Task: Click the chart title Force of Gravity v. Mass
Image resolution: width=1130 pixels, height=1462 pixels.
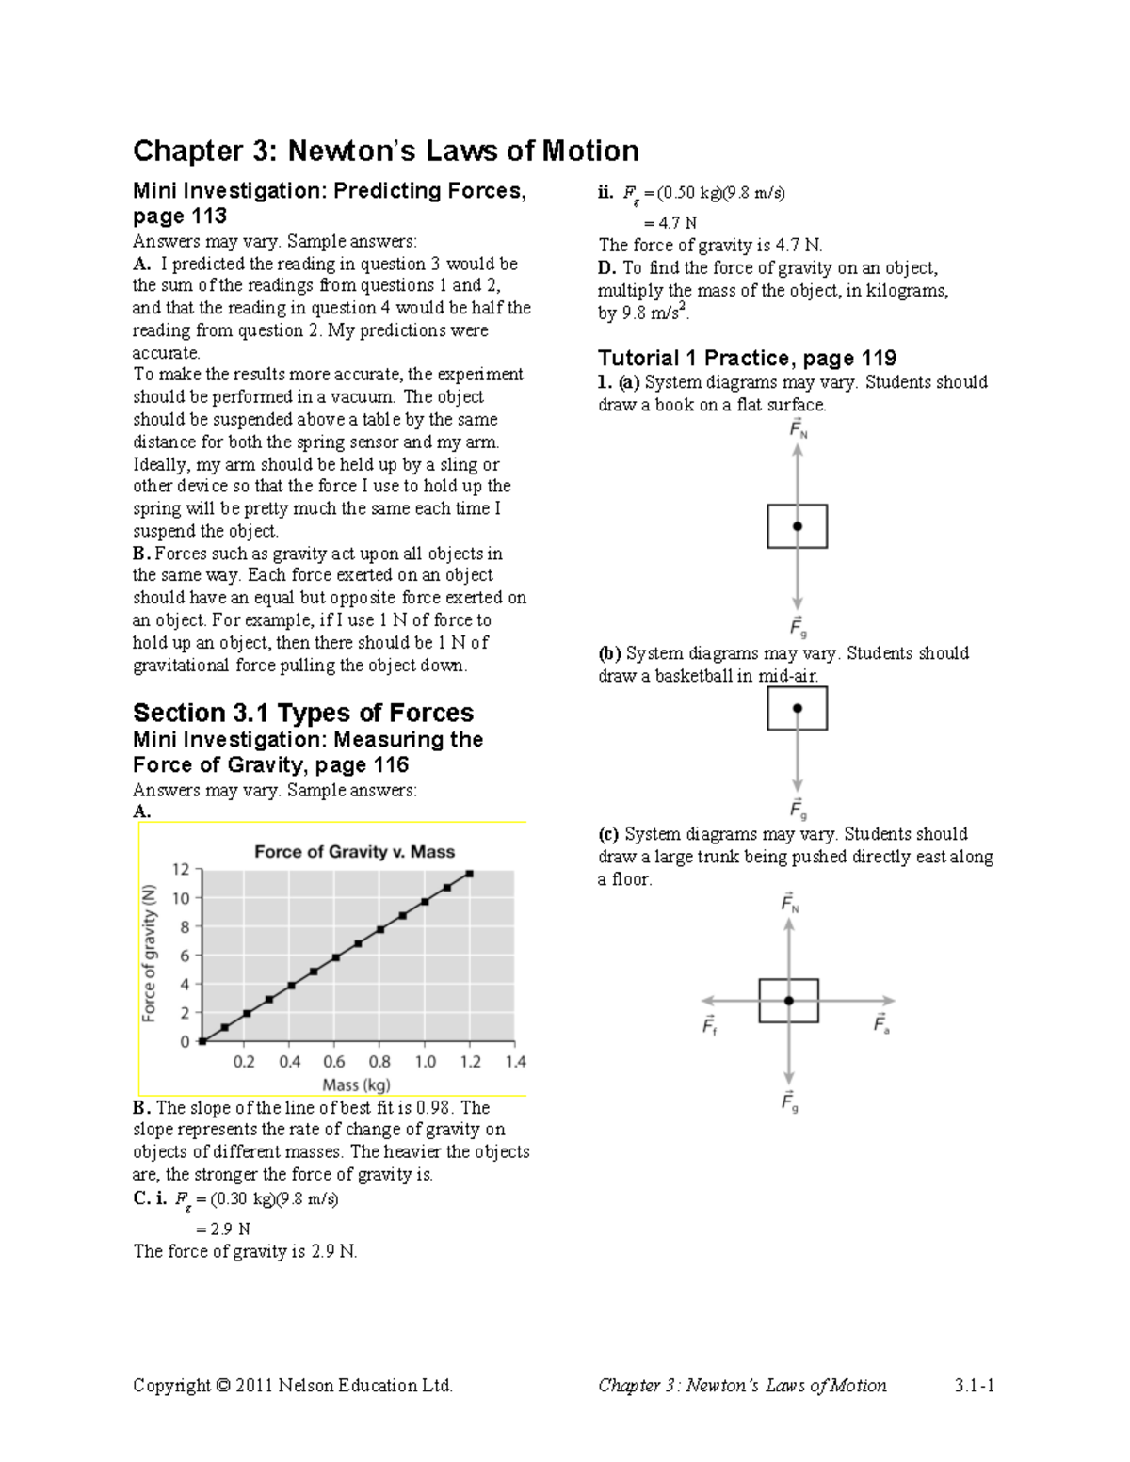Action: [x=354, y=851]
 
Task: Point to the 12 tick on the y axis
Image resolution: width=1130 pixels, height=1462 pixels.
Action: [x=180, y=869]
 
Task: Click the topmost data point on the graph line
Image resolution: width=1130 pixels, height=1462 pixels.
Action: [x=469, y=874]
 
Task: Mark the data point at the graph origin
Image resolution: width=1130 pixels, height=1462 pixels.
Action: [x=202, y=1041]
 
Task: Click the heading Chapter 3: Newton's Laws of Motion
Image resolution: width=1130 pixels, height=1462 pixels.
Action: [x=385, y=151]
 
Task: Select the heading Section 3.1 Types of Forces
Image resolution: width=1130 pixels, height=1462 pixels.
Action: [x=302, y=713]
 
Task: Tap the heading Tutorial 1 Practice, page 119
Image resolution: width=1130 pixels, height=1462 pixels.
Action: [x=747, y=358]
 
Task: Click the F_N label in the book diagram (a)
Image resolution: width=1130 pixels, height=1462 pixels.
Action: [x=798, y=430]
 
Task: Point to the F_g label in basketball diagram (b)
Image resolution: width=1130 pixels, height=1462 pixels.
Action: [x=798, y=809]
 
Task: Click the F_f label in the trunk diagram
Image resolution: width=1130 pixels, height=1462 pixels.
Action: [x=709, y=1025]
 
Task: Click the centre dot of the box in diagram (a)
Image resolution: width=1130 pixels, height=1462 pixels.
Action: [x=798, y=526]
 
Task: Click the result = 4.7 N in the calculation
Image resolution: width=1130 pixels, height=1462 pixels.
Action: [x=670, y=223]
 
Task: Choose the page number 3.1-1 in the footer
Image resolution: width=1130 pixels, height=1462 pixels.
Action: [x=975, y=1385]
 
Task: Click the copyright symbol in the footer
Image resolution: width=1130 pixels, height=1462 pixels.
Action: [x=222, y=1385]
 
